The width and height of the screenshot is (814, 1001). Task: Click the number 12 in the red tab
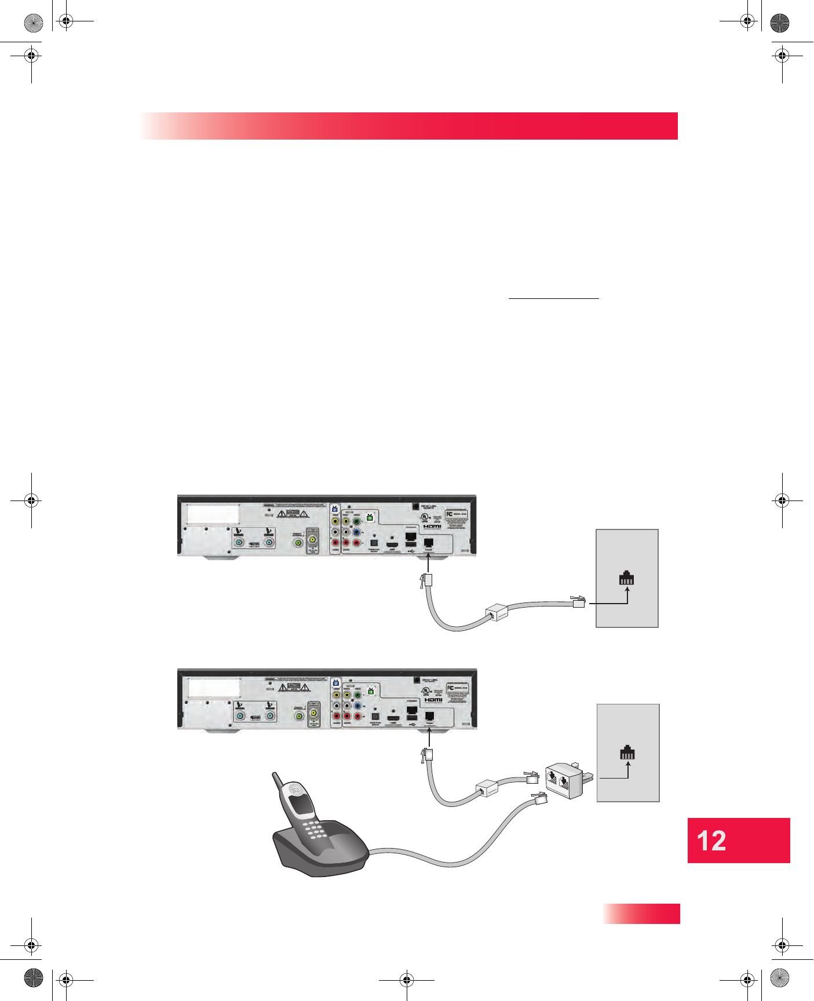coord(711,841)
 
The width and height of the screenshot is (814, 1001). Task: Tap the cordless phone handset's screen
coord(300,803)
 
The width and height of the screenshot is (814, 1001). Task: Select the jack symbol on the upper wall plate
coord(627,578)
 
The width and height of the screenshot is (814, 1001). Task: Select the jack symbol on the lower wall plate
coord(627,752)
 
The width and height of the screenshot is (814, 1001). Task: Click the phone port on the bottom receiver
coord(429,717)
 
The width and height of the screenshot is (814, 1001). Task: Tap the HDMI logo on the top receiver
coord(432,526)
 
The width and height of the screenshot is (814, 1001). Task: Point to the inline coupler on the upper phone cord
coord(496,612)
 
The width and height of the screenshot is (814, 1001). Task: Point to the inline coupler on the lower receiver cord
coord(487,788)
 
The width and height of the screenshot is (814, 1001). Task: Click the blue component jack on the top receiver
coord(356,532)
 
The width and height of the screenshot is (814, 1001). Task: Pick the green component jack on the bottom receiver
coord(357,695)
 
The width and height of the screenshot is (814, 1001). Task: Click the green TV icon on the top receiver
coord(370,517)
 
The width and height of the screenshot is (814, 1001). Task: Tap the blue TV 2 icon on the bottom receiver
coord(335,683)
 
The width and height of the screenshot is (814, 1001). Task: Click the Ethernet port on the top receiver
coord(411,536)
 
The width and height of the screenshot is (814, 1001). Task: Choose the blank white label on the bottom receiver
coord(214,687)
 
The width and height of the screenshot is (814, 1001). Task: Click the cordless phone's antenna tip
coord(276,775)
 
